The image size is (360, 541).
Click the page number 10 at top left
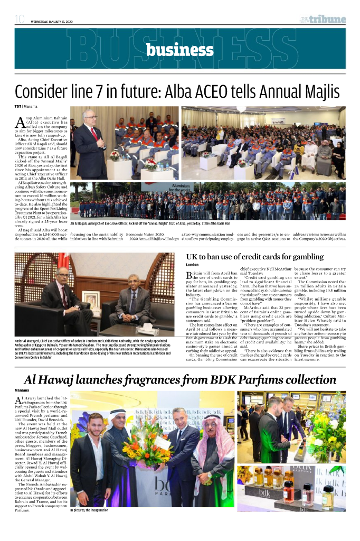[x=20, y=20]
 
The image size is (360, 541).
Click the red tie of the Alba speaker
[x=94, y=134]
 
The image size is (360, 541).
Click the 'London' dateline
[x=194, y=265]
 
